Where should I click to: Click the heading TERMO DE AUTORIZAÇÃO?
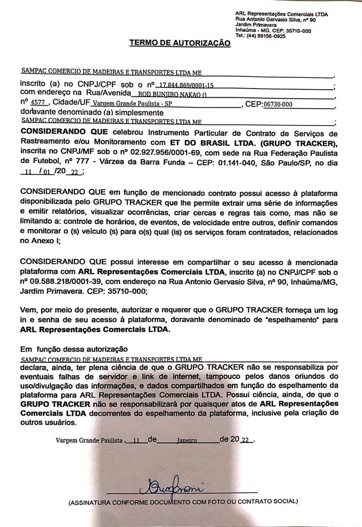(180, 44)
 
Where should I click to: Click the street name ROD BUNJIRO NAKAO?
(169, 95)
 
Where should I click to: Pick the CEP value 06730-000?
(278, 104)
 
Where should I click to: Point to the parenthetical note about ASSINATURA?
(183, 501)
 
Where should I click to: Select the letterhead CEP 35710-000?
(296, 30)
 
